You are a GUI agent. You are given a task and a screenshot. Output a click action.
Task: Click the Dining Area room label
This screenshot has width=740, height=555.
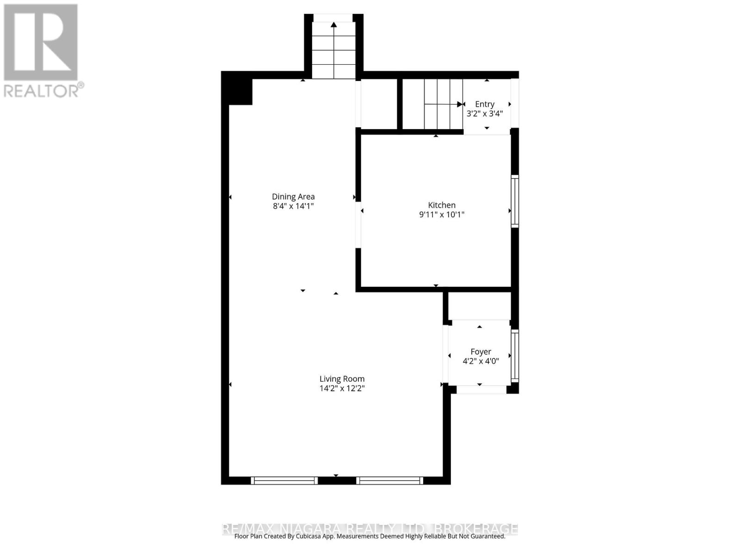[293, 197]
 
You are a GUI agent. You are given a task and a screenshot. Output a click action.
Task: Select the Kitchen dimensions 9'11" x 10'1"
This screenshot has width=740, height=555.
[441, 215]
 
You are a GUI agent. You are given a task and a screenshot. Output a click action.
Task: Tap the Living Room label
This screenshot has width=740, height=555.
[342, 379]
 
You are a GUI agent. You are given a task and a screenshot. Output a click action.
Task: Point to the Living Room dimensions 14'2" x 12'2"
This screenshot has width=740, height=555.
[342, 388]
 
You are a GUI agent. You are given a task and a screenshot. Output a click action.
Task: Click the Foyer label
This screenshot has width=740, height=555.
[481, 351]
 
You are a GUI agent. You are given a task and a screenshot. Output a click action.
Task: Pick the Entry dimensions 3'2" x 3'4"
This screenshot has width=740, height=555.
[484, 113]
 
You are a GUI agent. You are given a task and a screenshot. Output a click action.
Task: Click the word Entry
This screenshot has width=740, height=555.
[484, 104]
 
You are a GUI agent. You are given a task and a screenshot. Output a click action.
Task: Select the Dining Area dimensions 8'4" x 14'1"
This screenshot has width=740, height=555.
[293, 206]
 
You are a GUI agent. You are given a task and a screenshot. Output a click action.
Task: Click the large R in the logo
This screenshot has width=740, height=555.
[41, 42]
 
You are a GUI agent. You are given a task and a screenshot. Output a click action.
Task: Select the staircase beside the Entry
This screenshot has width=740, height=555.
[432, 104]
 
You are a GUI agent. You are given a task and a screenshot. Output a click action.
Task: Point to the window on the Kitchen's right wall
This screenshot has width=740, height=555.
[515, 201]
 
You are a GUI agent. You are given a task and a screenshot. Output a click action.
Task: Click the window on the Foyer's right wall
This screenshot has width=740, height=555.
[515, 355]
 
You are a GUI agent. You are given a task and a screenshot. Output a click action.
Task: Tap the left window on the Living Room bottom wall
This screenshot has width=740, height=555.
[284, 481]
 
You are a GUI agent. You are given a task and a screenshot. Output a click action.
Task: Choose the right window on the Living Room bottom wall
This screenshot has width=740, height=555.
[389, 481]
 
